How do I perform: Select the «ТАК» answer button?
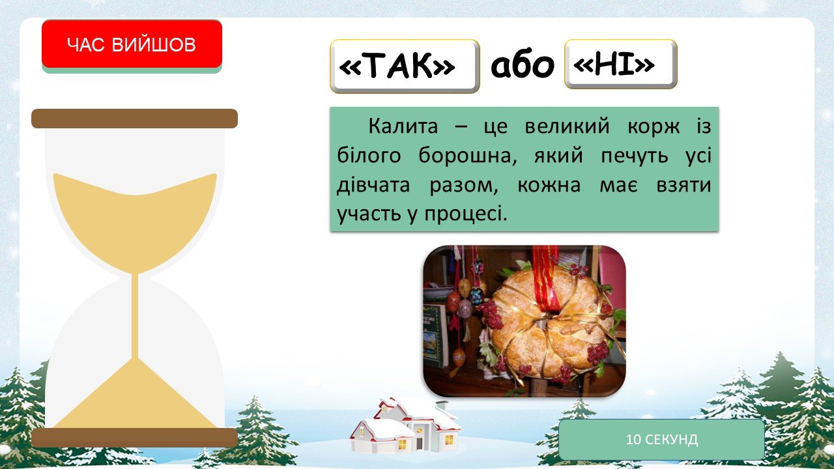405,66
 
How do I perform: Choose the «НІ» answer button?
621,64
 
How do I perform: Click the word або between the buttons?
523,65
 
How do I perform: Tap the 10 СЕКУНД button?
661,439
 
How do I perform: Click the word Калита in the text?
403,126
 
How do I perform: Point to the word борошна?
468,155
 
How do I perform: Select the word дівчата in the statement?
373,184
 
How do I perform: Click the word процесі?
466,214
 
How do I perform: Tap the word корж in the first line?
654,126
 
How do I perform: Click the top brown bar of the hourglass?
134,119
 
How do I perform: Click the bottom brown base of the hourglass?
134,437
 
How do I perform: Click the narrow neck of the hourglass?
135,317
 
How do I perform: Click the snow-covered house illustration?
405,424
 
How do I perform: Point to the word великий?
567,126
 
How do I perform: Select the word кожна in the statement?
549,184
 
